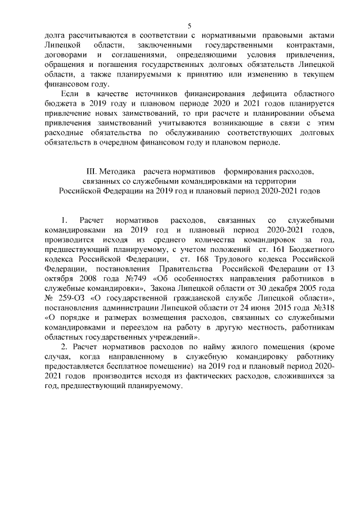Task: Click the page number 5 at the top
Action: click(x=189, y=25)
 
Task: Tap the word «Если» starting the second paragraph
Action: click(x=71, y=92)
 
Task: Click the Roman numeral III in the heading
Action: click(x=89, y=170)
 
